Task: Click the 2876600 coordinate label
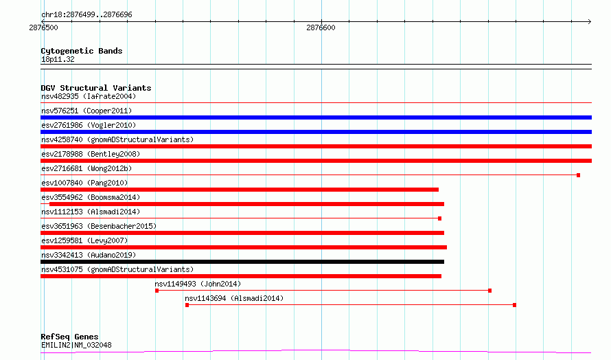pos(321,27)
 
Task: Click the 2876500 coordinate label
pos(43,27)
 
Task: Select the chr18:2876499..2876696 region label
pos(87,15)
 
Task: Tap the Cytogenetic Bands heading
pos(82,51)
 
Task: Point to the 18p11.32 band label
pos(58,59)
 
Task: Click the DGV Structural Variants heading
pos(96,88)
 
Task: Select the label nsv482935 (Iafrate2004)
pos(89,96)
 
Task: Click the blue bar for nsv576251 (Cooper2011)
pos(316,117)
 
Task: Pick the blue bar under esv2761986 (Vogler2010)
pos(316,132)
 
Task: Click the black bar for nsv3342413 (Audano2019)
pos(242,262)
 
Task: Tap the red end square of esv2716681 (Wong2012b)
pos(578,175)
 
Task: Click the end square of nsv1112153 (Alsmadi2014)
pos(439,218)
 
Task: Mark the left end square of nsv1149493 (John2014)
pos(157,291)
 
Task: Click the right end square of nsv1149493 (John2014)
pos(489,291)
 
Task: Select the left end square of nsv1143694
pos(187,305)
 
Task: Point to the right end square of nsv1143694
pos(514,305)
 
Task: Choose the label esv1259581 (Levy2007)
pos(84,240)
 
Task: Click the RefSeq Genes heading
pos(69,337)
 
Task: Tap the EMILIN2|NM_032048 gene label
pos(76,345)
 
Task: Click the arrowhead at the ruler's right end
pos(590,21)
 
